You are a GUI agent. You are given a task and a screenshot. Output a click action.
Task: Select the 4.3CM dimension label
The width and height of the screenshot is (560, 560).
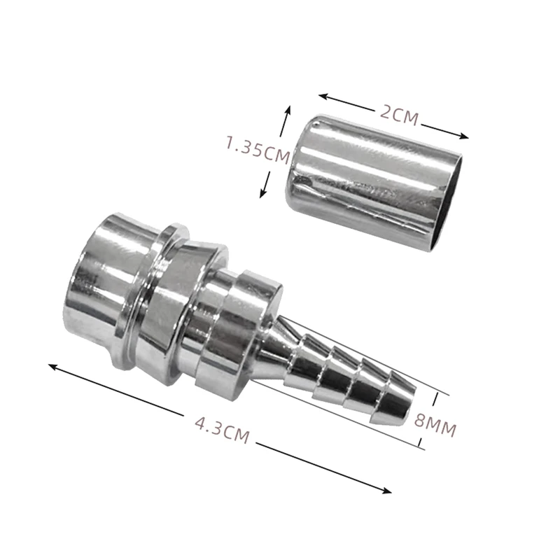[222, 430]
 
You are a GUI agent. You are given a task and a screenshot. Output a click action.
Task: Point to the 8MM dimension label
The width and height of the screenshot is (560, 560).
[435, 425]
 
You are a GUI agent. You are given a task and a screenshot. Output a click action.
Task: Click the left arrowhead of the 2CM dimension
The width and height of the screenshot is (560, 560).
[323, 97]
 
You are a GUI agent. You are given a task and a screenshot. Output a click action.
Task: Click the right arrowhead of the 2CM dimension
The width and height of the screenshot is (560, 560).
[463, 136]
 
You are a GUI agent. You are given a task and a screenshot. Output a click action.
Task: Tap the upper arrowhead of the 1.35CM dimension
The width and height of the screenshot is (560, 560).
[288, 111]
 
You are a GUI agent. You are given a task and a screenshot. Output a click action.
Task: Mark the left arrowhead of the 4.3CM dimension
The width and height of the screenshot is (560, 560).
[53, 366]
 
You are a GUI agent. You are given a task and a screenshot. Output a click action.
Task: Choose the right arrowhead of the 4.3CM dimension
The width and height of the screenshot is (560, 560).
[386, 491]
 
